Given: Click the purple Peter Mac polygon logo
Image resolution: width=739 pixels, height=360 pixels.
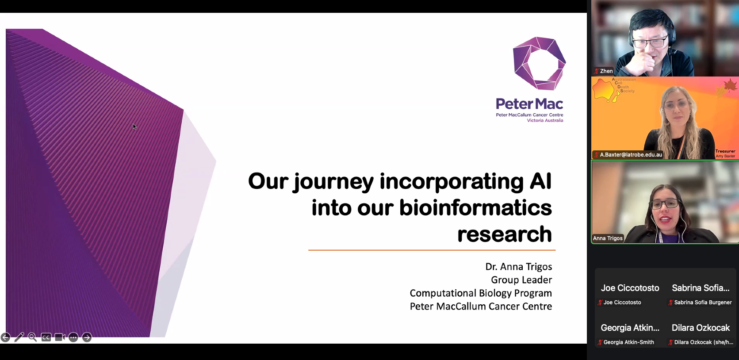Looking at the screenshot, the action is [540, 63].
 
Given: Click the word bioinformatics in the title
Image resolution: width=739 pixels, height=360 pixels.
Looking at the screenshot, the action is [475, 208].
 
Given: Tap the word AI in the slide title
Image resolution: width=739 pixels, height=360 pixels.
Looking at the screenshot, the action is [540, 181].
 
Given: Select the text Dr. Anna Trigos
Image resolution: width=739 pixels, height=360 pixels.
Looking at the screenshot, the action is [519, 267].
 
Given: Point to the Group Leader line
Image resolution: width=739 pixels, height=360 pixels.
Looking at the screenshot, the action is [521, 280].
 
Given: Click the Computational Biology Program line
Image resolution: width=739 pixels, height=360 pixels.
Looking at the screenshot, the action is [481, 293].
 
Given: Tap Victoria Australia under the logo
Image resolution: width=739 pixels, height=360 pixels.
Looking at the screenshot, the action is [545, 120].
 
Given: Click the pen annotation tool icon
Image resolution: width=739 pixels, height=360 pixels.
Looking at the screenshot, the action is [19, 337].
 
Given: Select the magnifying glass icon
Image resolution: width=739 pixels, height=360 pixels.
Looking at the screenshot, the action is [32, 337].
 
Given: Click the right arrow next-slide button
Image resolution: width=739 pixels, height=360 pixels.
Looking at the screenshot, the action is [87, 337].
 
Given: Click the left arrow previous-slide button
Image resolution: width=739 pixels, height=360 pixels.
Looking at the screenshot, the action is [5, 337].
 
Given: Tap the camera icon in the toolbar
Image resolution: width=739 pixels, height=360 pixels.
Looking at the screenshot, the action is [60, 337].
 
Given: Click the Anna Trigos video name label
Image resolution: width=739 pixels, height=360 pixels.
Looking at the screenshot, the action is [608, 238].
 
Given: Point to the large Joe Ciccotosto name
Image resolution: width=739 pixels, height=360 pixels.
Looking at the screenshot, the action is [630, 288].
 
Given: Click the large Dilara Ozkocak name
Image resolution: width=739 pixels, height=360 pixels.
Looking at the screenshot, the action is [701, 328].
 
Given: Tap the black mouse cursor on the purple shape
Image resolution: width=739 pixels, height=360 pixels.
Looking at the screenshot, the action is [134, 127].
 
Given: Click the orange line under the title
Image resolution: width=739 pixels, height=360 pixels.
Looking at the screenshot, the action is [432, 250].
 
